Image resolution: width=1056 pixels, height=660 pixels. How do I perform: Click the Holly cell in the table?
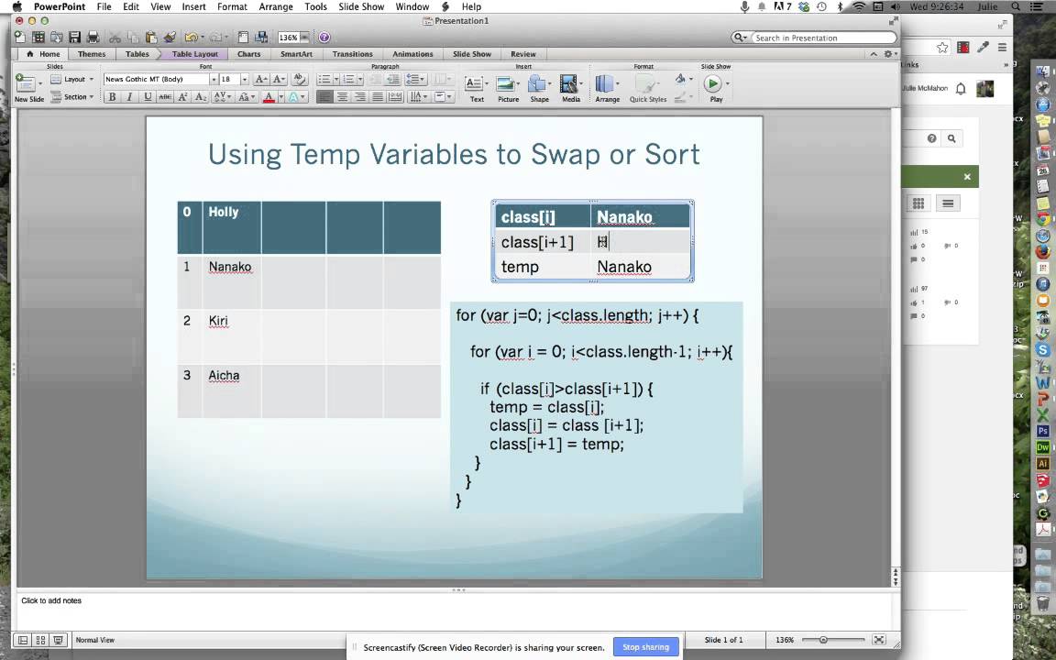tap(224, 212)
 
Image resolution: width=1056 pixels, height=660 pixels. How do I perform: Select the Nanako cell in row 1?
tap(230, 267)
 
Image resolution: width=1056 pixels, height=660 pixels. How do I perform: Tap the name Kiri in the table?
tap(218, 321)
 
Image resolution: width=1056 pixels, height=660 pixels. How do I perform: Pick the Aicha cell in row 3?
tap(224, 375)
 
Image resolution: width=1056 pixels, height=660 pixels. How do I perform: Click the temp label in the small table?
tap(520, 267)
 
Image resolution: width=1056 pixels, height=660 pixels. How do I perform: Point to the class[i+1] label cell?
tap(537, 242)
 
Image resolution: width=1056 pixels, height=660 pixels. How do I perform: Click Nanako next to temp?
tap(624, 267)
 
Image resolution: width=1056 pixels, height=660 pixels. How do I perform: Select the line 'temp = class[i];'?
tap(547, 407)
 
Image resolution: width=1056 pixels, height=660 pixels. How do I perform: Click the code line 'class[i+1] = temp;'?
tap(556, 444)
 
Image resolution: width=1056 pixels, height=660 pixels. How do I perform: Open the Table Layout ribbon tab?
tap(195, 54)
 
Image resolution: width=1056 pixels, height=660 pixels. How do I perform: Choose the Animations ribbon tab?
tap(412, 54)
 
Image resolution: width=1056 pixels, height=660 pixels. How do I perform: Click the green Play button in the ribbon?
tap(713, 84)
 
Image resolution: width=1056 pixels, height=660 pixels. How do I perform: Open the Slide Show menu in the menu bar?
tap(361, 6)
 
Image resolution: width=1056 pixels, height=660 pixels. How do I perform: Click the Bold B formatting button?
tap(112, 97)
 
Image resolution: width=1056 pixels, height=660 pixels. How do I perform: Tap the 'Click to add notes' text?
tap(51, 600)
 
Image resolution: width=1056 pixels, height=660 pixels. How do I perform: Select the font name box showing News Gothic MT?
tap(156, 80)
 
